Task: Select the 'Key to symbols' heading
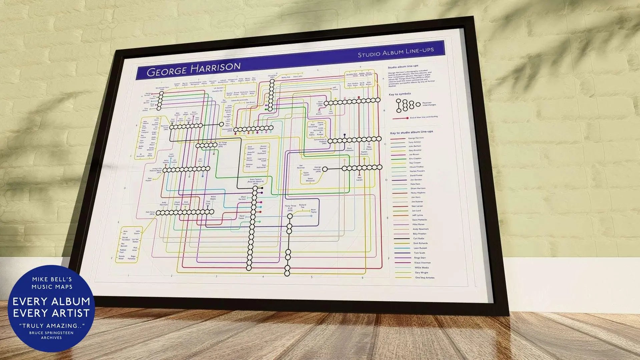pos(400,94)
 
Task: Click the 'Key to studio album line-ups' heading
pos(411,132)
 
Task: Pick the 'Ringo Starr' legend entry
pos(420,258)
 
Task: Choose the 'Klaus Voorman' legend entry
pos(422,263)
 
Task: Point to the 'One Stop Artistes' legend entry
pos(425,278)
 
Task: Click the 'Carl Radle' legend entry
pos(419,239)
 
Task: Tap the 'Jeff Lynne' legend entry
pos(417,215)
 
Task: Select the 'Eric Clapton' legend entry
pos(415,158)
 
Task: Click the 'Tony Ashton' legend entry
pos(415,142)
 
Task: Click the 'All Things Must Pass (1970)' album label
pos(222,144)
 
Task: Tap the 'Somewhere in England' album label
pos(321,141)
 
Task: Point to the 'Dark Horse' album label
pos(150,213)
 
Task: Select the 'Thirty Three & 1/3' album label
pos(290,208)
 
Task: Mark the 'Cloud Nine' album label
pos(272,76)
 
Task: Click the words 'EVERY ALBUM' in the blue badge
pos(51,302)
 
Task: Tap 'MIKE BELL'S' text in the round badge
pos(52,280)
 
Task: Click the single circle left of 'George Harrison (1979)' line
pos(325,169)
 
